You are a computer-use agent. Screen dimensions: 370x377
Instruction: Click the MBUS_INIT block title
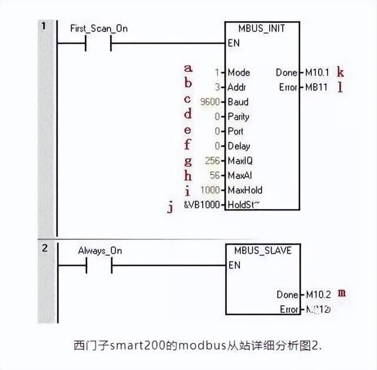tap(263, 28)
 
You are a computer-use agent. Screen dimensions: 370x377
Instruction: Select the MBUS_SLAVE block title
tap(263, 250)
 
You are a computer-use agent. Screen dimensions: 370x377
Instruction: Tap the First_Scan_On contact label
tap(102, 28)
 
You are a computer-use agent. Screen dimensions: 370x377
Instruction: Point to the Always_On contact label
tap(100, 250)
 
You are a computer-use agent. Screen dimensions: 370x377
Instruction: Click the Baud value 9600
tap(210, 102)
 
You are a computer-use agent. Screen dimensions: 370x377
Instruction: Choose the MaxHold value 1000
tap(210, 190)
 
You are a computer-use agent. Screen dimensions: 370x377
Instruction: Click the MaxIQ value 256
tap(213, 161)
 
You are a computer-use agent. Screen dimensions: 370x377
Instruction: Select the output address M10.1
tap(318, 73)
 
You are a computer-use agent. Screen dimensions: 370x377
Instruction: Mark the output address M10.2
tap(319, 294)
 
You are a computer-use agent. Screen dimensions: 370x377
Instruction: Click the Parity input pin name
tap(239, 117)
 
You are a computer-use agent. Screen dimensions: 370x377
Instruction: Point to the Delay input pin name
tap(239, 146)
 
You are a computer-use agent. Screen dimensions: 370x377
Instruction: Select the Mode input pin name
tap(239, 73)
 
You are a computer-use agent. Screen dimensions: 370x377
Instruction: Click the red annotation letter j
tap(170, 207)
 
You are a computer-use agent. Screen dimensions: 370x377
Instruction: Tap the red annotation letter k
tap(340, 72)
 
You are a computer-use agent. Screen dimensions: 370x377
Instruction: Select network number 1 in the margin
tap(44, 27)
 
